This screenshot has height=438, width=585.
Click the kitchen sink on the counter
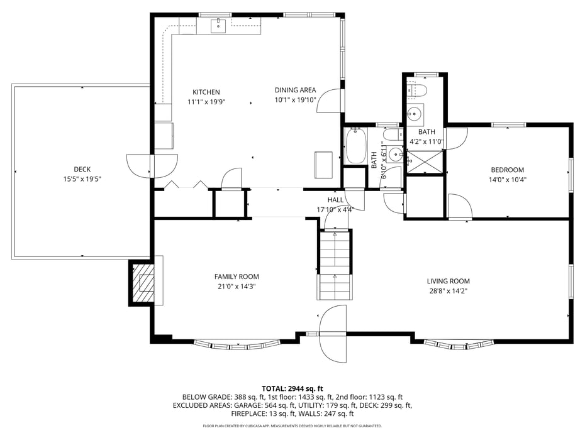218,25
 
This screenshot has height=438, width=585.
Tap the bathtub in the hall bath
355,146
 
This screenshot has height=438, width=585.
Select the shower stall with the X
425,161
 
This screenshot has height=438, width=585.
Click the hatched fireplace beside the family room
146,283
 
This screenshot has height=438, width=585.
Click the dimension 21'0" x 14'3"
237,287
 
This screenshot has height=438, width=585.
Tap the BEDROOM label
507,170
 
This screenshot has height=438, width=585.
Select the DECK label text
82,169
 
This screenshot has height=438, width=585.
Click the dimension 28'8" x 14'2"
448,291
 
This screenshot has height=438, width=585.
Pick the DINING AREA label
295,90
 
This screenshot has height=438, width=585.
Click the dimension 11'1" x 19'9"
206,102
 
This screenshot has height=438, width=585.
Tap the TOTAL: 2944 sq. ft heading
292,388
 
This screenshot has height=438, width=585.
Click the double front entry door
333,333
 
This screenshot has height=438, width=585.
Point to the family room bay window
237,344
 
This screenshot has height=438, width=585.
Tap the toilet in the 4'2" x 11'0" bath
416,90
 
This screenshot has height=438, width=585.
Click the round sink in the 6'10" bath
396,154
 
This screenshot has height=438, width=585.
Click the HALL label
335,200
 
